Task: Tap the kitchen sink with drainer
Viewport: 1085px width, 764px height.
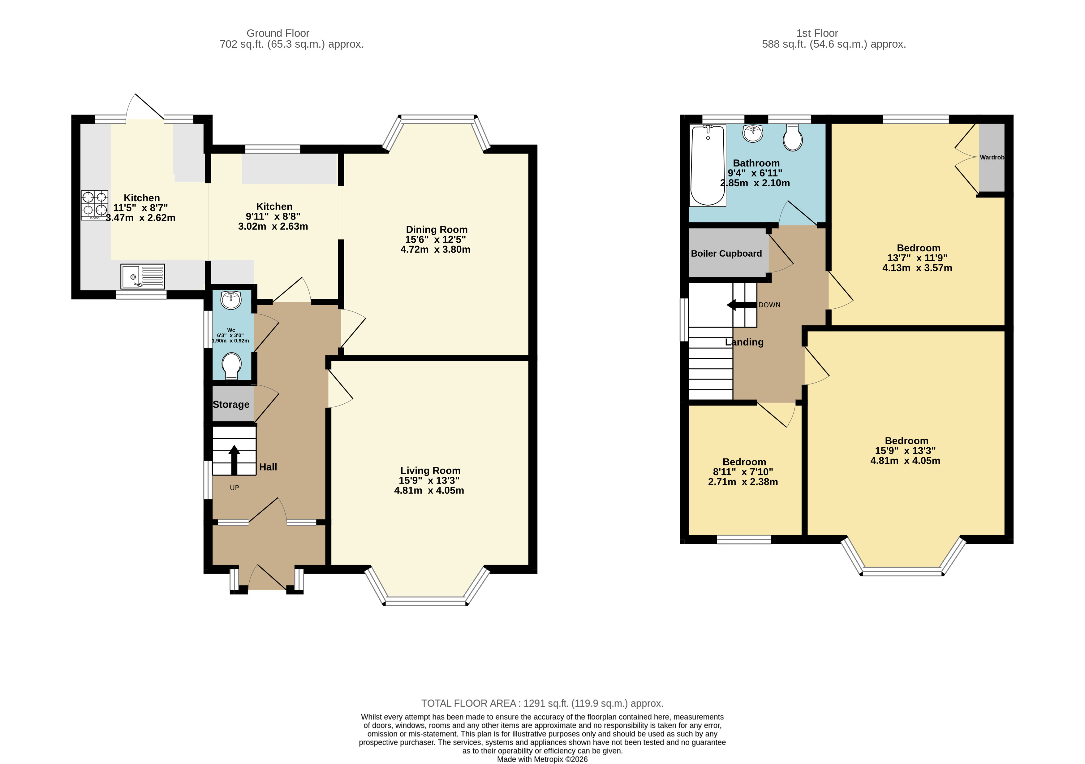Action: pos(142,276)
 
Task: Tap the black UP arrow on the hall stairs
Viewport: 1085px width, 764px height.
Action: pos(234,459)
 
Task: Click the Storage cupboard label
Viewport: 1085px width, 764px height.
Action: pos(231,404)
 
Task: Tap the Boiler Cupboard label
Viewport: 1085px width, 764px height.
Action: pos(726,254)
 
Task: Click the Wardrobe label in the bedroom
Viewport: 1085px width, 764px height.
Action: pos(992,158)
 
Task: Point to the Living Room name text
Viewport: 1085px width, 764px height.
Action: pos(430,471)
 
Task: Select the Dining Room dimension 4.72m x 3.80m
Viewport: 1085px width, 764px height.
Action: pos(435,250)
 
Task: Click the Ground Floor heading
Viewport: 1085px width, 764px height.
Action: pos(278,33)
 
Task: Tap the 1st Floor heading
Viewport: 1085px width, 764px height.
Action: pos(817,33)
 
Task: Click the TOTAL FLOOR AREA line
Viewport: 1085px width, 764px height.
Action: pos(542,703)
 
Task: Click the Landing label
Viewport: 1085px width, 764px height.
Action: pos(744,342)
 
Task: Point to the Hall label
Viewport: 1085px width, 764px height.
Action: pos(268,467)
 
